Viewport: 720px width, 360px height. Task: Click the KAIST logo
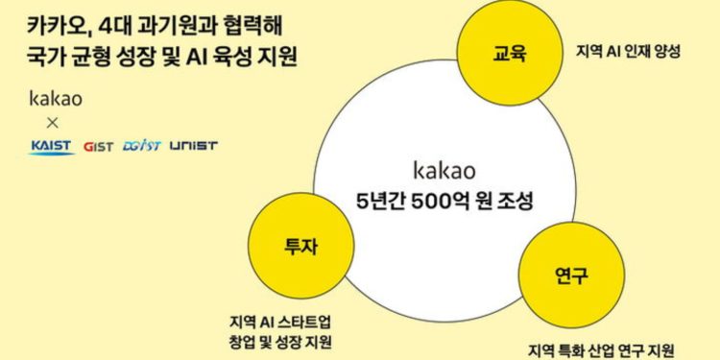[50, 146]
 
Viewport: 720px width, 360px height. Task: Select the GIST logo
[99, 146]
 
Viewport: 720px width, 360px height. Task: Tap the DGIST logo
[142, 146]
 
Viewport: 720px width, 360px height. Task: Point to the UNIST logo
[193, 146]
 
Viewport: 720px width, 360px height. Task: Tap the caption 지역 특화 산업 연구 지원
[602, 348]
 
